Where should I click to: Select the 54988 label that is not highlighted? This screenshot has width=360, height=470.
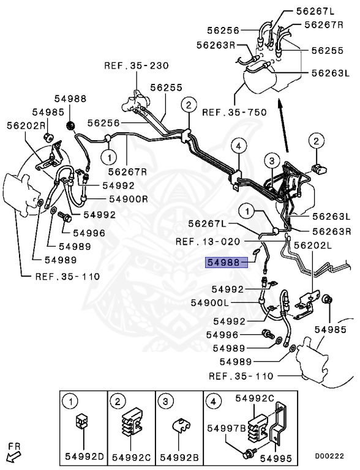pos(70,99)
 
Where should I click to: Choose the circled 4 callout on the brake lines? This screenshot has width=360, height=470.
pos(239,146)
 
